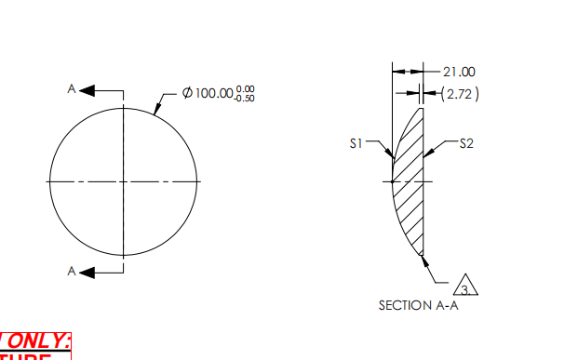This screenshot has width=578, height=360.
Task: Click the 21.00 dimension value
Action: pyautogui.click(x=459, y=72)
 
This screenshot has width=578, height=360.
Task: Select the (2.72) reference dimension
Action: pyautogui.click(x=458, y=93)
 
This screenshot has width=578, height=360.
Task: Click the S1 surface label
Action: pyautogui.click(x=356, y=143)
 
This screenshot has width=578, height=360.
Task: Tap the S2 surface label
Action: pyautogui.click(x=466, y=143)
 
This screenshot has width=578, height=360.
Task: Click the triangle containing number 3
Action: pyautogui.click(x=469, y=286)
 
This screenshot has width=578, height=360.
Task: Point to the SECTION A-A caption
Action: pyautogui.click(x=418, y=304)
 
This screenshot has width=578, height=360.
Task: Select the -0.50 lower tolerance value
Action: pyautogui.click(x=245, y=98)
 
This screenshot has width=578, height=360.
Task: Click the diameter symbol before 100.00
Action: pyautogui.click(x=187, y=93)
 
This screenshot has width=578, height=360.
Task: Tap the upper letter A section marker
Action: pyautogui.click(x=71, y=89)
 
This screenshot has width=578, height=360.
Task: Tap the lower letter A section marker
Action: pyautogui.click(x=71, y=271)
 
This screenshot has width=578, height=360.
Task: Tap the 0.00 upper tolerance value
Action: pyautogui.click(x=245, y=89)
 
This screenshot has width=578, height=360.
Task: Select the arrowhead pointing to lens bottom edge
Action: pyautogui.click(x=426, y=260)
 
